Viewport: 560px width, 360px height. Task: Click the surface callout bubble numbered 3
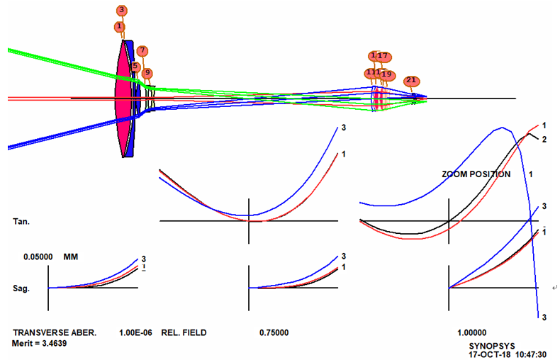click(x=122, y=10)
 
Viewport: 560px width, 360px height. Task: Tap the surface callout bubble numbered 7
click(x=142, y=50)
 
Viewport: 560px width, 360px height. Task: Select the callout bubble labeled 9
click(x=147, y=73)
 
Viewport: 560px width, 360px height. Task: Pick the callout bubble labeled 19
click(x=386, y=74)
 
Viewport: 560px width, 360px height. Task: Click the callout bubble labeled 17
click(x=383, y=56)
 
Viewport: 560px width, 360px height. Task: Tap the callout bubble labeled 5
click(x=135, y=67)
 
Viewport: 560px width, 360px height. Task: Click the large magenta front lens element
click(x=124, y=99)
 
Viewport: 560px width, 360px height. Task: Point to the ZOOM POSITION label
click(x=475, y=174)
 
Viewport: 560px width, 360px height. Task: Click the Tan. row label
click(x=21, y=222)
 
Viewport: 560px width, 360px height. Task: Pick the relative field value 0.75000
click(x=276, y=332)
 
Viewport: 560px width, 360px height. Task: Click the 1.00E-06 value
click(x=135, y=332)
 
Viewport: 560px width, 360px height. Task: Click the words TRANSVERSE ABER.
click(x=52, y=332)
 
